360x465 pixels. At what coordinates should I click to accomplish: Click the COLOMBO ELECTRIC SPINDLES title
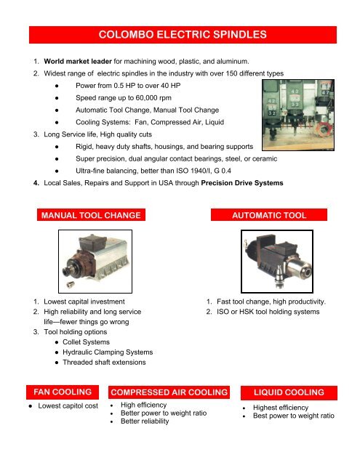coord(180,33)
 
